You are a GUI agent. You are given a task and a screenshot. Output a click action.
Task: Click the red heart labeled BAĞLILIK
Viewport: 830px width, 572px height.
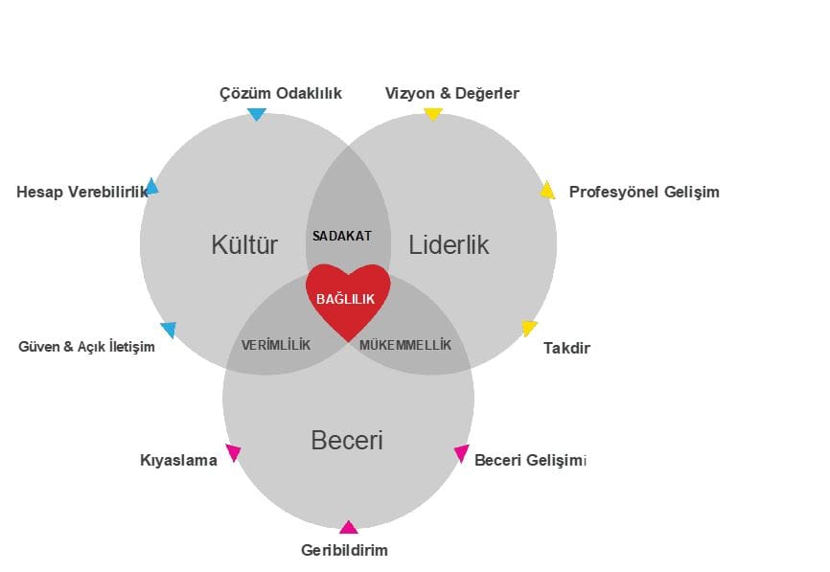coord(347,299)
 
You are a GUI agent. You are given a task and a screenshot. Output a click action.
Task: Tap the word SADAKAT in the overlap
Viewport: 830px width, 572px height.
coord(342,235)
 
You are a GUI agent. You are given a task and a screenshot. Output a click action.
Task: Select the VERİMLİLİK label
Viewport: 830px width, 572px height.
coord(276,345)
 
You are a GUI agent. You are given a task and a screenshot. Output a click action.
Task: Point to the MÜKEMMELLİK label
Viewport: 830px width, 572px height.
coord(404,345)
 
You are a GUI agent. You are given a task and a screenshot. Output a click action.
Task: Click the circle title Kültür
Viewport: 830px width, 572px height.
coord(244,245)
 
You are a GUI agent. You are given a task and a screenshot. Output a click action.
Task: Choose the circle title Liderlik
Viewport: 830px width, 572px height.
coord(449,245)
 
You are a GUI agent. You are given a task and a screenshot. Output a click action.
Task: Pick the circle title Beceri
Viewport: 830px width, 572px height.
coord(347,441)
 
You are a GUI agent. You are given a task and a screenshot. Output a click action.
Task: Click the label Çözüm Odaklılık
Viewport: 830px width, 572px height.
coord(281,93)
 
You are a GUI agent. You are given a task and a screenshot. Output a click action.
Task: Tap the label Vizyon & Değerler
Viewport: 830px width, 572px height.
coord(452,93)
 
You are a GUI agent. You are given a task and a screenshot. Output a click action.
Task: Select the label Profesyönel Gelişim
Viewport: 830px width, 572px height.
coord(644,192)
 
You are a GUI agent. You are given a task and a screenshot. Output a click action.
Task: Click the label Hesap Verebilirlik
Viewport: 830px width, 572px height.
coord(82,192)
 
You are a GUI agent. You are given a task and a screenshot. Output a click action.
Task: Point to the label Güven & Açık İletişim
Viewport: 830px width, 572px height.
coord(86,346)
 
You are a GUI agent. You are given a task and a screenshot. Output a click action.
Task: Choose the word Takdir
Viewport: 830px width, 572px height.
coord(566,348)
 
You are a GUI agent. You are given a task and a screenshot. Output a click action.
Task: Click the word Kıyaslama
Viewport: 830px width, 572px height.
coord(178,460)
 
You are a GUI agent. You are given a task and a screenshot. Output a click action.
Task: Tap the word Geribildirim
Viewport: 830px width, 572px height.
coord(344,550)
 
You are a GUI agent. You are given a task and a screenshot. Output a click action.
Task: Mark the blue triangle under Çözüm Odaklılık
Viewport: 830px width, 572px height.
coord(256,114)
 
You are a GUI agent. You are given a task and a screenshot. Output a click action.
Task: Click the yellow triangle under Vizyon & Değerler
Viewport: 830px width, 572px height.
coord(432,114)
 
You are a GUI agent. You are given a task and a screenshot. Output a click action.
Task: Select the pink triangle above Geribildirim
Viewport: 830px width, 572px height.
coord(348,527)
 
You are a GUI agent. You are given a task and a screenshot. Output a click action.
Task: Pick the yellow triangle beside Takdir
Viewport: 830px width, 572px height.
coord(529,328)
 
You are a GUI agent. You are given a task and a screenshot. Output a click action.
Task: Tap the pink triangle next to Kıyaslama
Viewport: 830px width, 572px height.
coord(233,452)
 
